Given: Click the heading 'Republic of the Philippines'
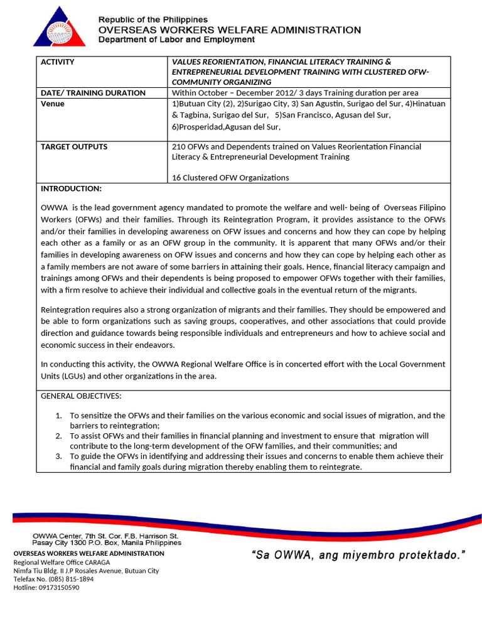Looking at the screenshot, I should pyautogui.click(x=153, y=20).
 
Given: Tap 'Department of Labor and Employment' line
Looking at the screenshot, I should pyautogui.click(x=176, y=40).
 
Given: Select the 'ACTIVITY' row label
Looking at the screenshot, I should pyautogui.click(x=58, y=62).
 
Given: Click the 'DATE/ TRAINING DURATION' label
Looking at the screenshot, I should pyautogui.click(x=93, y=93).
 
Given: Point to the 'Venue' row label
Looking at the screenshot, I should pyautogui.click(x=53, y=104).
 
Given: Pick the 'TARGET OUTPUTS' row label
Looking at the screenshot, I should pyautogui.click(x=74, y=147).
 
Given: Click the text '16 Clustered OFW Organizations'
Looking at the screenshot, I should pyautogui.click(x=230, y=178).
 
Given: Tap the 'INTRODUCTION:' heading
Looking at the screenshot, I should pyautogui.click(x=71, y=189).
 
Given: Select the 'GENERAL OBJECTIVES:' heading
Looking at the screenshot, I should pyautogui.click(x=81, y=397).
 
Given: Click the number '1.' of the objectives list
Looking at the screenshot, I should pyautogui.click(x=58, y=416).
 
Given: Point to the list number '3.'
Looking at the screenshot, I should pyautogui.click(x=58, y=457).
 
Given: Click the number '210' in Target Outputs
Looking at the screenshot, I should pyautogui.click(x=179, y=147).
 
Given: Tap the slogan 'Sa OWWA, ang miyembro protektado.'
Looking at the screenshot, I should pyautogui.click(x=359, y=554).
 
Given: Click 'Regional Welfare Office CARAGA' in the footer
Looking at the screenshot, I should pyautogui.click(x=62, y=562).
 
